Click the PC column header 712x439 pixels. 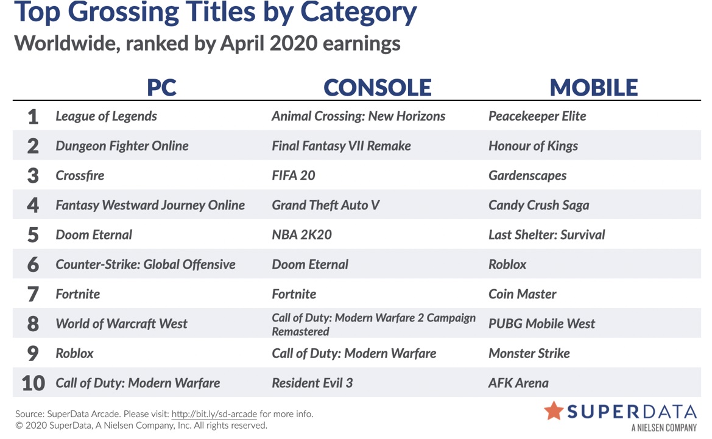click(x=161, y=88)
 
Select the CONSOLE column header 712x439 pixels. click(x=378, y=88)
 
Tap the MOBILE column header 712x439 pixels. click(x=593, y=88)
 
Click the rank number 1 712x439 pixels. click(x=33, y=117)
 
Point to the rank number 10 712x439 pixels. click(x=33, y=383)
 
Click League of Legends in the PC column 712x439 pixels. click(x=106, y=116)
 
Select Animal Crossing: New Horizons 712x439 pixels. click(x=358, y=116)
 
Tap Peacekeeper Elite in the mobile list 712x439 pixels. click(x=537, y=116)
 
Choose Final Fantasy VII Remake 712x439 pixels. click(x=341, y=146)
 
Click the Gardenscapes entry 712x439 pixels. click(x=527, y=176)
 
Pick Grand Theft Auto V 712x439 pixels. click(x=326, y=205)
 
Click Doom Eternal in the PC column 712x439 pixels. click(x=94, y=234)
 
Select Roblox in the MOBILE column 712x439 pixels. click(x=507, y=264)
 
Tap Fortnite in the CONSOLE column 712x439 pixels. click(x=294, y=294)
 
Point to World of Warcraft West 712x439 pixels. click(x=121, y=324)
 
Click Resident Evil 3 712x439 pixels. click(x=312, y=383)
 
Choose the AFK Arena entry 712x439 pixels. click(x=518, y=383)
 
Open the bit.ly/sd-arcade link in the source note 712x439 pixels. click(x=214, y=414)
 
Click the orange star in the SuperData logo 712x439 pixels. click(x=554, y=411)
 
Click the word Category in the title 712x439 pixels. click(x=358, y=13)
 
